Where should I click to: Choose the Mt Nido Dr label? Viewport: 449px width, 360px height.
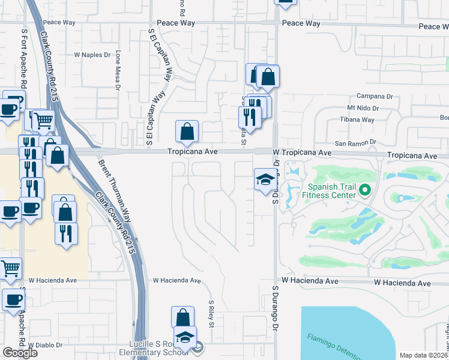363,109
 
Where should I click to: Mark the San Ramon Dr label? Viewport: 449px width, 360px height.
355,143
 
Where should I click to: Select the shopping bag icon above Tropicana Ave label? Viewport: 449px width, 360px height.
187,131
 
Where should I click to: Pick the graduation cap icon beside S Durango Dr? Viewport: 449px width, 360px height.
265,180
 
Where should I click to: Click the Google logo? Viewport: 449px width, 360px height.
20,353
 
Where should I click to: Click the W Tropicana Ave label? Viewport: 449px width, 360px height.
301,154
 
